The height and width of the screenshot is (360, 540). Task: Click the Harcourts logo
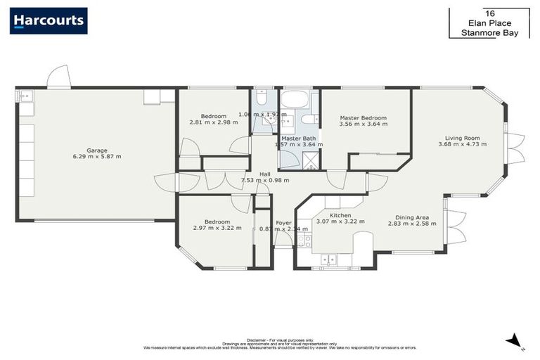coord(49,20)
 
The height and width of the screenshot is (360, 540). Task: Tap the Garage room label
coord(97,150)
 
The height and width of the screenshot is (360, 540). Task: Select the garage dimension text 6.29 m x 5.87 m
coord(97,156)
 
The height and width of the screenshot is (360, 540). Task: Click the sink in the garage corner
coord(25,96)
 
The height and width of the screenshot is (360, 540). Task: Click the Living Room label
coord(462,138)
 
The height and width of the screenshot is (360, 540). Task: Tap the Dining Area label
coord(412,217)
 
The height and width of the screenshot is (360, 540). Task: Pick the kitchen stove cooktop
coord(304,240)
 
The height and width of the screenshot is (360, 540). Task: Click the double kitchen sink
coord(328,259)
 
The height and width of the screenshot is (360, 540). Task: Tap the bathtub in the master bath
coord(298,98)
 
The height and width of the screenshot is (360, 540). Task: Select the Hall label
coord(264,174)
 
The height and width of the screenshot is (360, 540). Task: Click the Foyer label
coord(283,223)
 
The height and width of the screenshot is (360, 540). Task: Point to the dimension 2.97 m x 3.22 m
coord(217,228)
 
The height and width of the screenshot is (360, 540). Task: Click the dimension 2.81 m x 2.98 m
coord(213,122)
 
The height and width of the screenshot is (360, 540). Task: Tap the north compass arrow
coord(515,340)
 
